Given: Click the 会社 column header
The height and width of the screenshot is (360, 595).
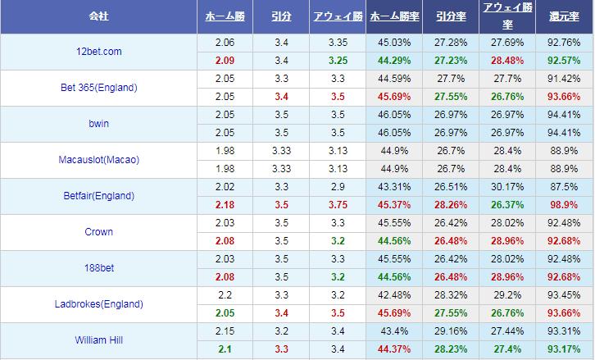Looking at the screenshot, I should click(98, 16).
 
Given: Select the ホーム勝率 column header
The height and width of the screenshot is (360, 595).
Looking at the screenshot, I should click(390, 16).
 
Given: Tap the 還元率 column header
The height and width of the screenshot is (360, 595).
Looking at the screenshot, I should click(564, 16).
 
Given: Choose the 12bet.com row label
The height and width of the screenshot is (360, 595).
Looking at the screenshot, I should click(98, 52).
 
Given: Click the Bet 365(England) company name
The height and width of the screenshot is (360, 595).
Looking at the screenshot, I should click(98, 88).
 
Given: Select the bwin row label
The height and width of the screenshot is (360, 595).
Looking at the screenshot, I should click(98, 124).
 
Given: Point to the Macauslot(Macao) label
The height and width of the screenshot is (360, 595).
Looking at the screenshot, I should click(98, 160).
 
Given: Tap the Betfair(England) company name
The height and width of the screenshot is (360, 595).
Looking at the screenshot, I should click(98, 196).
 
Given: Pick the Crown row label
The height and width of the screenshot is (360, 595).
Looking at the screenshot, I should click(98, 232).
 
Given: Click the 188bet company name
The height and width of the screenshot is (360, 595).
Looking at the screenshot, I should click(98, 268).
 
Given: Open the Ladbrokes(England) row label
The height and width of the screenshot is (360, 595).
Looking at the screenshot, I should click(98, 304).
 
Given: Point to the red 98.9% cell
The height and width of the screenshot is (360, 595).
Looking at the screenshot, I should click(564, 205).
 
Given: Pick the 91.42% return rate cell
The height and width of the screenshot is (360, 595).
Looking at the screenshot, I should click(564, 79).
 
